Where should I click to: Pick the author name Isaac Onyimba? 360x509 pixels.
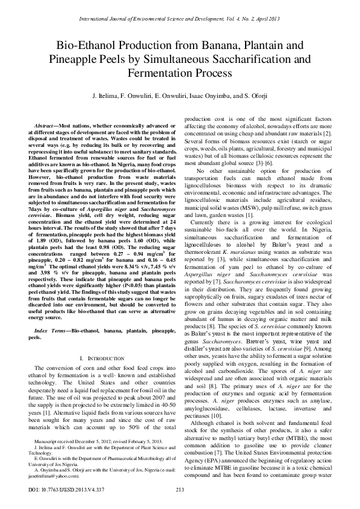click(209, 96)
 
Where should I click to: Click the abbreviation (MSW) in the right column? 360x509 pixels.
click(257, 192)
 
